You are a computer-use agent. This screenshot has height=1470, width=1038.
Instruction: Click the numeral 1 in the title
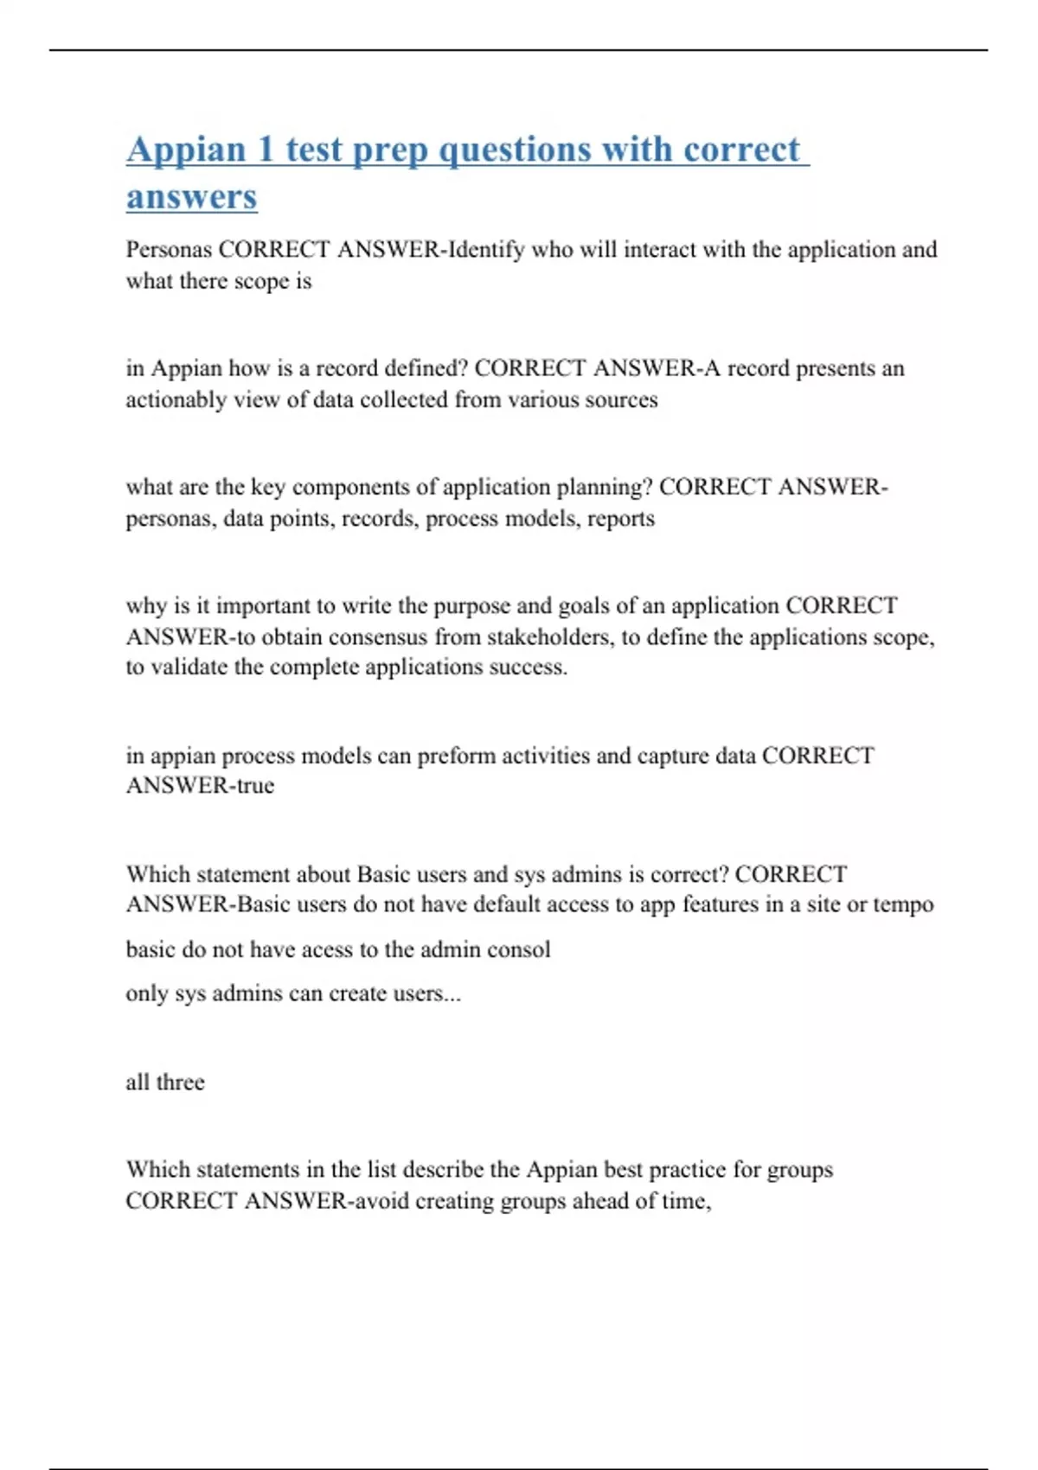[x=266, y=150]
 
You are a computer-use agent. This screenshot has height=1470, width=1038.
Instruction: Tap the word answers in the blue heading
[x=192, y=196]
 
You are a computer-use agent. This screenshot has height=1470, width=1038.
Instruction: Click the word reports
[x=621, y=519]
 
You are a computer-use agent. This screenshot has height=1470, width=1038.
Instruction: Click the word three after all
[x=180, y=1083]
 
